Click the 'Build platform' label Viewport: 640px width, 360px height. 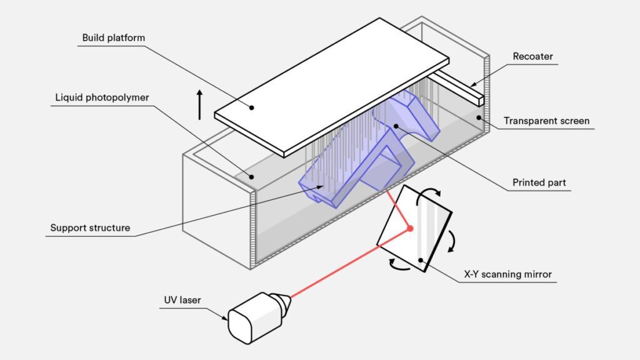tap(114, 38)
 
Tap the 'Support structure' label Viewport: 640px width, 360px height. tap(91, 227)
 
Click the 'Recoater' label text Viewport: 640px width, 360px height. tap(532, 57)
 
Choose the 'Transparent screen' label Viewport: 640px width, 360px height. tap(546, 121)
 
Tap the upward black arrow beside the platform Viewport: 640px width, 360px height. tap(200, 104)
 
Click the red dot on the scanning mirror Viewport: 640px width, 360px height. tap(410, 228)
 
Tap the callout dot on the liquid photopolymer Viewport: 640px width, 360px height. tap(252, 177)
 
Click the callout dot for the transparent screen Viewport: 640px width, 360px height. tap(479, 117)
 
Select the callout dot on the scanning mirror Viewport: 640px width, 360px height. tap(421, 260)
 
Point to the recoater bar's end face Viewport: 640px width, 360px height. tap(480, 98)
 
